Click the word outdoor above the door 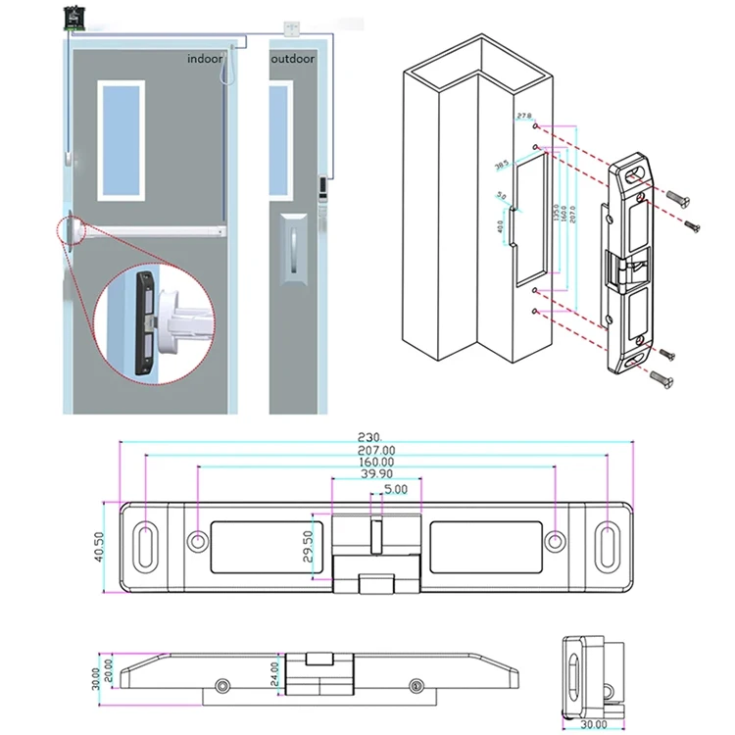(x=294, y=59)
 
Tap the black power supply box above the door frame (x=73, y=16)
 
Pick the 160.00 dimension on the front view (x=376, y=462)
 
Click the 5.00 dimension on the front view (x=396, y=488)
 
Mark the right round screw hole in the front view (x=555, y=540)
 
